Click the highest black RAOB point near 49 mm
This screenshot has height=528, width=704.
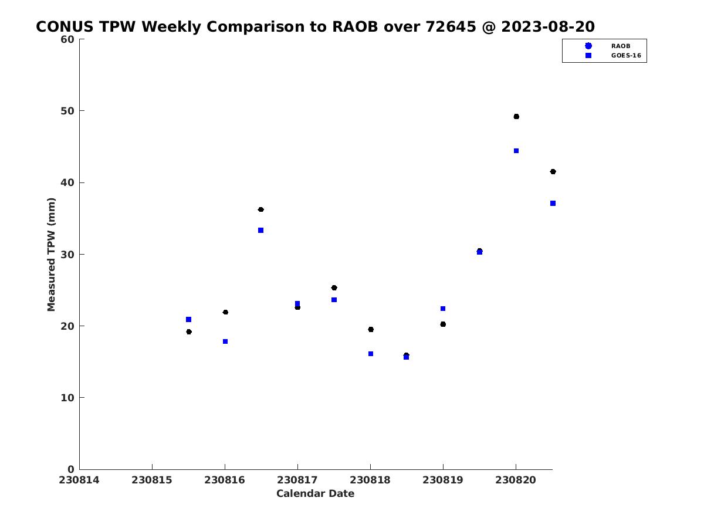[x=516, y=116]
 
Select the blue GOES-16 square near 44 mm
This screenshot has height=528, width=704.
[x=516, y=151]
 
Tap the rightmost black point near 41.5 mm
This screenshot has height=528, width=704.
[x=553, y=171]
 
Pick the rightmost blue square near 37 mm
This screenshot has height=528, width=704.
[x=553, y=203]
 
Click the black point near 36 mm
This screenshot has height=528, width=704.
[x=260, y=209]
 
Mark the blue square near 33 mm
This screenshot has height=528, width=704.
[x=260, y=230]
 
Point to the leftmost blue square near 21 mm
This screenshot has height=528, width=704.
[x=188, y=319]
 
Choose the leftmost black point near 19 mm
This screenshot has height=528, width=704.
[x=189, y=331]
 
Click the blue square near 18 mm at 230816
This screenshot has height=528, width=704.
[x=225, y=341]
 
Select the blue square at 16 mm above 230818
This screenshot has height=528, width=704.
[x=370, y=354]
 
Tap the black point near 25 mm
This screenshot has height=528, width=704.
[x=334, y=287]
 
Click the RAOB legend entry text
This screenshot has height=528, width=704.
[x=621, y=46]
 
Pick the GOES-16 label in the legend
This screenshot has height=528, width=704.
[x=626, y=56]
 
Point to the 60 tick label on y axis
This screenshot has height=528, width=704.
[x=67, y=39]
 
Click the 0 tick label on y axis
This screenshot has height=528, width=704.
[x=71, y=469]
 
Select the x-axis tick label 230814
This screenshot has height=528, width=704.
[x=79, y=480]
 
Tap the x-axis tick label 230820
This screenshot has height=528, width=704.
[x=516, y=480]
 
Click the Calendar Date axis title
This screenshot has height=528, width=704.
[x=315, y=493]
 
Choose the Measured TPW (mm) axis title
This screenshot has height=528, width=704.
[x=51, y=254]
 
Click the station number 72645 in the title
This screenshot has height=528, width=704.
[x=451, y=26]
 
